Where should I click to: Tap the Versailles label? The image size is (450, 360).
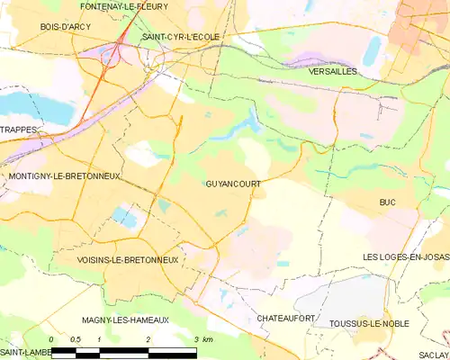click(x=332, y=70)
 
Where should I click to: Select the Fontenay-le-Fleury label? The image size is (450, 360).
click(x=122, y=6)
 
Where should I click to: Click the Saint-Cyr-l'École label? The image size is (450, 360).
click(x=181, y=37)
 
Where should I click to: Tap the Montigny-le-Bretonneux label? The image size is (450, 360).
click(x=63, y=175)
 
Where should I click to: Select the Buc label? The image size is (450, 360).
click(x=388, y=202)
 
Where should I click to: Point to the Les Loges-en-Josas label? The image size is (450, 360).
click(x=404, y=258)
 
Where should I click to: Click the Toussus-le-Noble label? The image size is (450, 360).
click(x=372, y=323)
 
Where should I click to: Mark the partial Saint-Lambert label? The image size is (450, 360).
click(x=23, y=352)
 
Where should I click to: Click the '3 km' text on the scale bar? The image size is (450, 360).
click(x=202, y=339)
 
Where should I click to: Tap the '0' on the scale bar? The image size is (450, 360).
click(x=51, y=339)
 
